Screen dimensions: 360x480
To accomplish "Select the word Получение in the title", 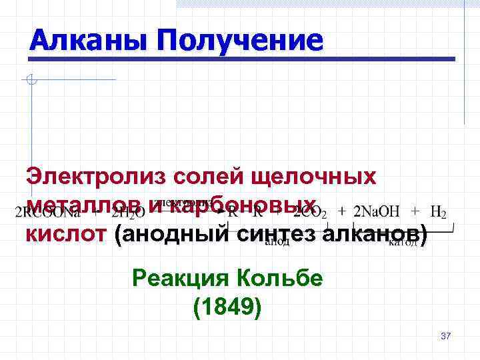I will (x=239, y=41).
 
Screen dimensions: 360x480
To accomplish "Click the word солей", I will (x=207, y=177).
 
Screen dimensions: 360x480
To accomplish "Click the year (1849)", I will (x=227, y=307).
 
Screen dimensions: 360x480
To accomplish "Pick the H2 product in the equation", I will (x=438, y=213).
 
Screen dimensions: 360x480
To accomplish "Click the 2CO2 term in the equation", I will (x=311, y=213).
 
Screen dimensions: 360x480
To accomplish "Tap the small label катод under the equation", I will (x=403, y=243).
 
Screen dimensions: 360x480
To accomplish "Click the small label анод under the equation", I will (x=277, y=243).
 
